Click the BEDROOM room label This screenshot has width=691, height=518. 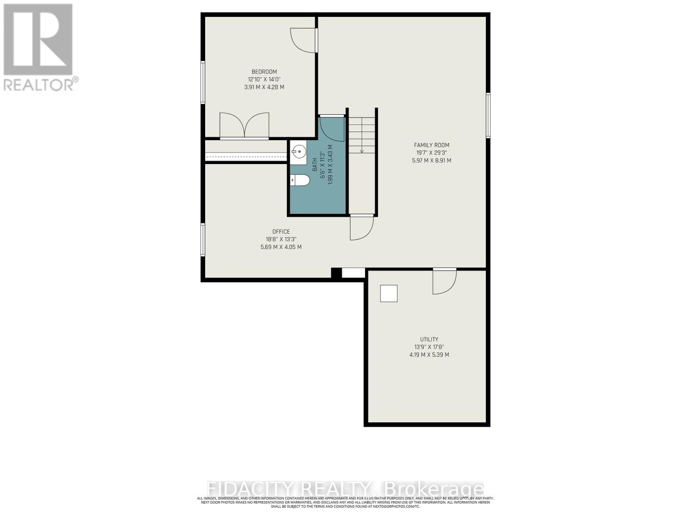coord(264,72)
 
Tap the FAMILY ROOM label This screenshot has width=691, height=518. coord(431,145)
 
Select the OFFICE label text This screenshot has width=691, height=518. coord(281,232)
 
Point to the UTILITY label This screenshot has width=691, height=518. coord(429,340)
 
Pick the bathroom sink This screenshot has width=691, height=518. coord(298,152)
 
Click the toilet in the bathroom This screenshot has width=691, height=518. coord(300,180)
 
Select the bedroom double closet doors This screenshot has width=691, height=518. coord(244,126)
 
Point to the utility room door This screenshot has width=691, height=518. coord(444,281)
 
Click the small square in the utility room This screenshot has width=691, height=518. coord(389,294)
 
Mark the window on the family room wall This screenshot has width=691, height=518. coord(488,115)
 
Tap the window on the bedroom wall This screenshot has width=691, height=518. coord(203,82)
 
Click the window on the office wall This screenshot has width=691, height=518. coord(203,240)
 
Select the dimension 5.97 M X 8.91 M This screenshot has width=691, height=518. coord(431,161)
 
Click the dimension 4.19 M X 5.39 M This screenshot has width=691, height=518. coord(429,355)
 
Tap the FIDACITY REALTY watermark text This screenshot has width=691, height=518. coord(345,489)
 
